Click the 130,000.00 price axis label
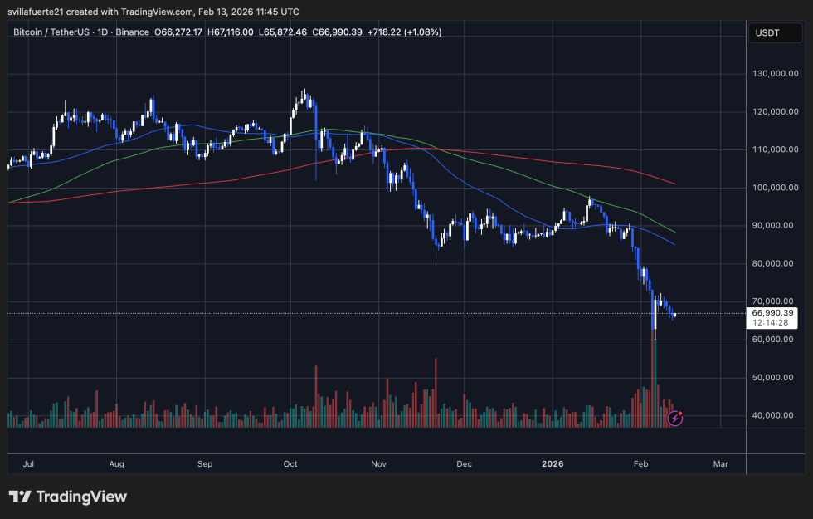coord(773,73)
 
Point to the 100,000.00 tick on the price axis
coord(773,188)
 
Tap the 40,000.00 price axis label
coord(773,416)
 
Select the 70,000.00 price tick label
coord(773,301)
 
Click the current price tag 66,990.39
coord(772,313)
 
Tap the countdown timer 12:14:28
coord(772,323)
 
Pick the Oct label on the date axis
coord(290,463)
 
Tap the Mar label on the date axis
coord(720,463)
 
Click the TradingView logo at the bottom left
coord(68,497)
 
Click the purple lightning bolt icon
coord(675,418)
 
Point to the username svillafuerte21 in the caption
coord(43,11)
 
